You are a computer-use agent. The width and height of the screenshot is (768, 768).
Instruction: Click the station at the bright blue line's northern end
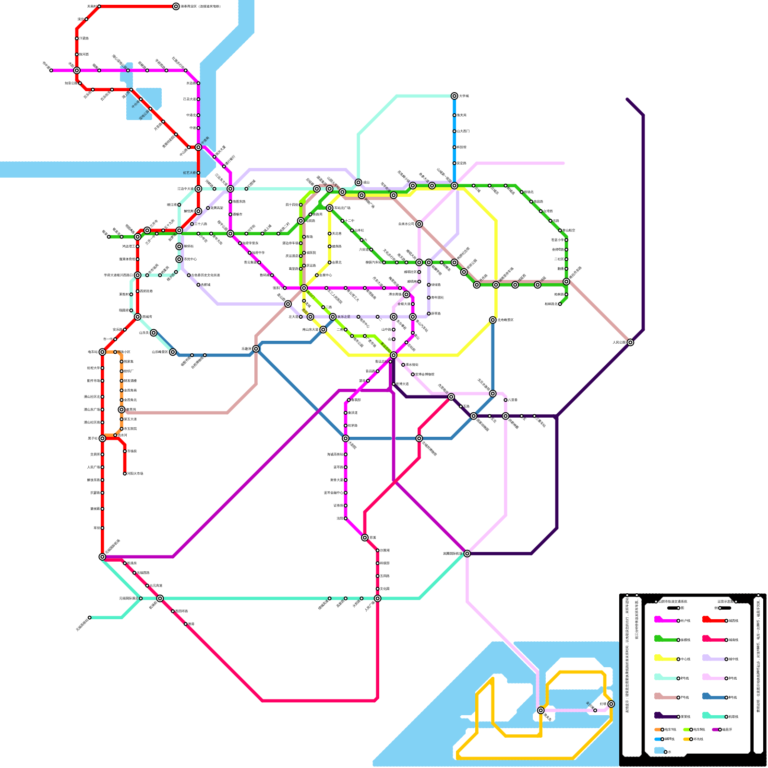point(454,96)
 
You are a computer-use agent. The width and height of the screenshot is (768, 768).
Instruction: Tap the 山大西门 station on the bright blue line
point(454,131)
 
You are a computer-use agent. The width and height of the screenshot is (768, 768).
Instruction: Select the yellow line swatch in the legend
point(665,659)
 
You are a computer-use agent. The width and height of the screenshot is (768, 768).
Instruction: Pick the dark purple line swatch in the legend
point(665,716)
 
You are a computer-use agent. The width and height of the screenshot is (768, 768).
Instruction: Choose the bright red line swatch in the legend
point(713,620)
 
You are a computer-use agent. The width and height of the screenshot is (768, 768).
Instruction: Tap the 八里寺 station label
point(513,400)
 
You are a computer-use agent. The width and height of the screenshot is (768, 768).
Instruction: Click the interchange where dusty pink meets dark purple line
point(630,342)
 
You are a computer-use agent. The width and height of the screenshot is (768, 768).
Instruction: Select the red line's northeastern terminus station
point(176,6)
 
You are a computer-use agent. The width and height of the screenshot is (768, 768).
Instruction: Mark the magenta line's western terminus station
point(51,71)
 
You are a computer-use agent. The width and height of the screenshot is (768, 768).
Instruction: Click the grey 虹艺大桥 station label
point(190,173)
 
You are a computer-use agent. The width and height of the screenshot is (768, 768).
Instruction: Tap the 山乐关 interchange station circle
point(154,333)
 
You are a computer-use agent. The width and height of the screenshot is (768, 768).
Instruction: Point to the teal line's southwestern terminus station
point(90,617)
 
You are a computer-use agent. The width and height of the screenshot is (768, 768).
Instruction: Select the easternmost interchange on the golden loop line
point(611,704)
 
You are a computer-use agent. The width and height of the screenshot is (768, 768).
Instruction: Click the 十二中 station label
point(349,221)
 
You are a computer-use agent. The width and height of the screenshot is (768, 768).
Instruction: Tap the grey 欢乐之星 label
point(344,317)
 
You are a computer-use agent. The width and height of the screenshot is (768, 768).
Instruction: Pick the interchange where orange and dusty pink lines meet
point(121,409)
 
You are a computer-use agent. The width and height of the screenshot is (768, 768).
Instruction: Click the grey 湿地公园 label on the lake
point(144,114)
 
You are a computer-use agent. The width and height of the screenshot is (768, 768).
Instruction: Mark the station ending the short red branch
point(125,473)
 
